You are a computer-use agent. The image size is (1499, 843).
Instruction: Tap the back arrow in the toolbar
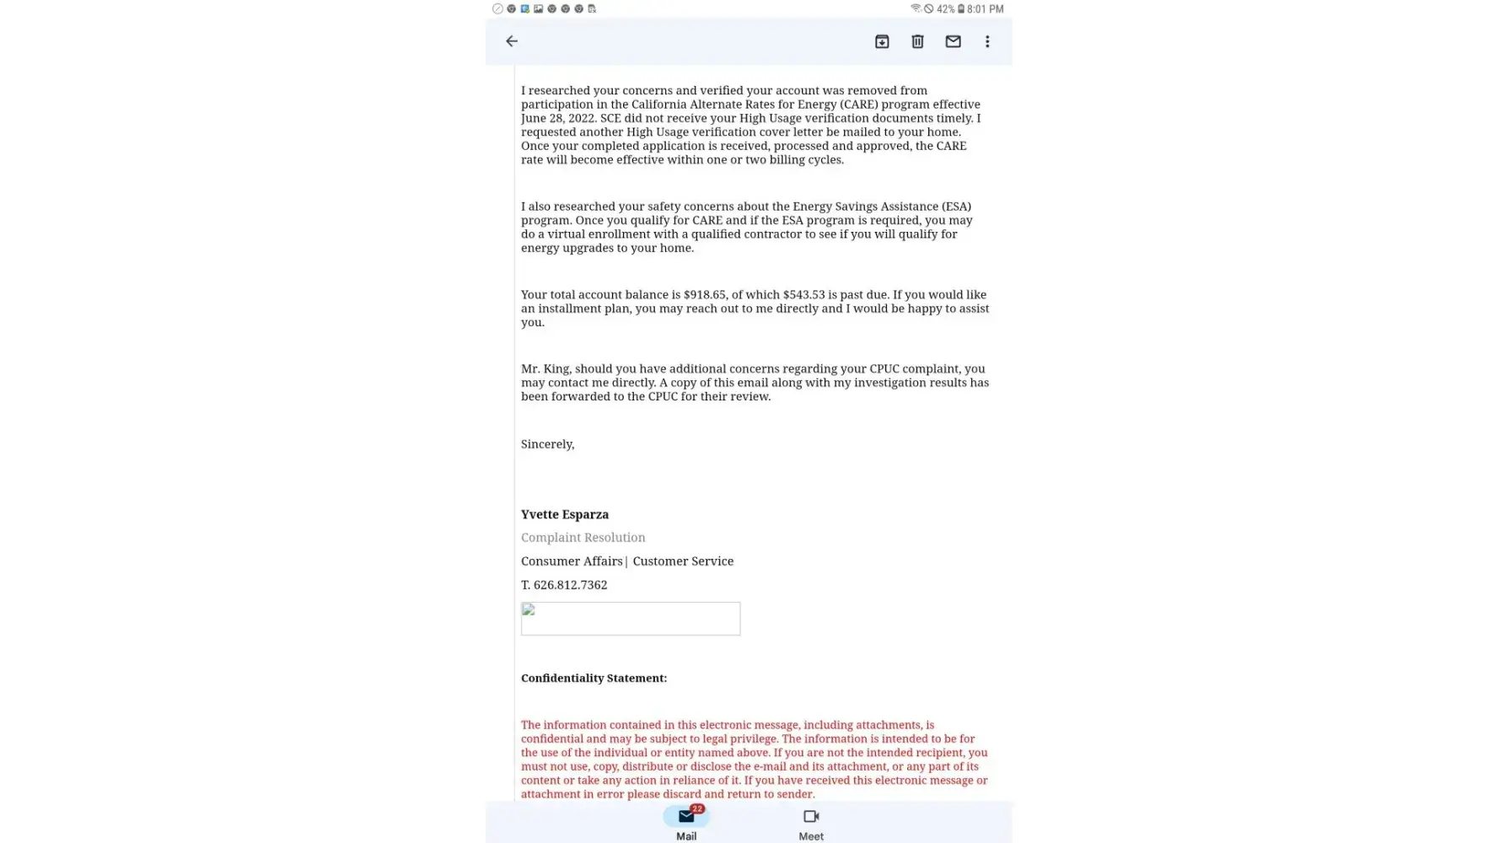(512, 41)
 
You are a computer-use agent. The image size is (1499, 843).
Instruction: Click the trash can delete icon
(917, 41)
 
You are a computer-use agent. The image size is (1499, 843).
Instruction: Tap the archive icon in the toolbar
(882, 41)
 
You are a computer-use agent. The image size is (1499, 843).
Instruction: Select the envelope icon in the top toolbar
(953, 41)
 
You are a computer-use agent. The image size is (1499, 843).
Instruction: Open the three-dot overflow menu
(987, 41)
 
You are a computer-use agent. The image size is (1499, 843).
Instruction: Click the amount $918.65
(704, 295)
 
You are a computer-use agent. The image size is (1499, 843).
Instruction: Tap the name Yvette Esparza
(564, 514)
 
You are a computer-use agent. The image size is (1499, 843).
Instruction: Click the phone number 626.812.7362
(570, 585)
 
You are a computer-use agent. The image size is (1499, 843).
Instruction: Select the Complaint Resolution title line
(583, 538)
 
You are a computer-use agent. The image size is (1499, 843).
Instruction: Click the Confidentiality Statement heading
(594, 679)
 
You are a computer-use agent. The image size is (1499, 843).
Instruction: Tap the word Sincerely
(547, 444)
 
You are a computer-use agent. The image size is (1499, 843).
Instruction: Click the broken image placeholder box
(630, 619)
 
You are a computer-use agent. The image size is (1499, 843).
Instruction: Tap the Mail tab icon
(685, 817)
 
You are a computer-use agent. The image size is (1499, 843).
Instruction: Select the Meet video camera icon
(811, 817)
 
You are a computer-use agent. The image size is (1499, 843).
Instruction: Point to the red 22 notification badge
(697, 809)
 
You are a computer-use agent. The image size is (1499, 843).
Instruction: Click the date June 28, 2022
(558, 118)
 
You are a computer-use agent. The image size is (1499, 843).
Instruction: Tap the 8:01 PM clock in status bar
(986, 9)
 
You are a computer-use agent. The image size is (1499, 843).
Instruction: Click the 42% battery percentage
(945, 9)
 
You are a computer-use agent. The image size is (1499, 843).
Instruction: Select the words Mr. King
(545, 369)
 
